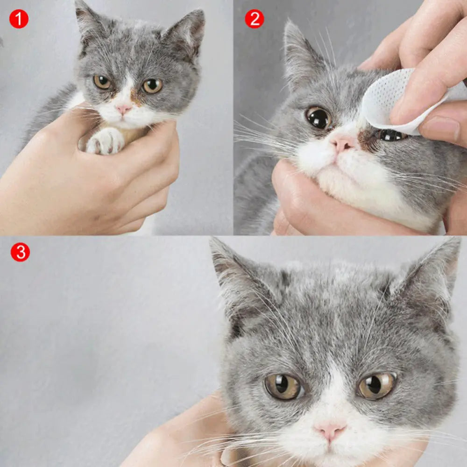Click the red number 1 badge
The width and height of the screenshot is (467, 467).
(x=19, y=19)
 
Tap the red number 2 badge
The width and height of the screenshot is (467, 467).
(x=255, y=19)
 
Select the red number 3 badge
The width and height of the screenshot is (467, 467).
(x=20, y=252)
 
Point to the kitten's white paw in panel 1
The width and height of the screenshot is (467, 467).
(x=106, y=141)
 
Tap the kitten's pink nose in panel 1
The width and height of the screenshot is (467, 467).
(x=123, y=109)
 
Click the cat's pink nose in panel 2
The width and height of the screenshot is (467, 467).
(x=343, y=144)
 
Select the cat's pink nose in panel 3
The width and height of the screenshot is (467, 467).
(x=330, y=431)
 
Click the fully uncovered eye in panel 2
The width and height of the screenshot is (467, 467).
(x=318, y=118)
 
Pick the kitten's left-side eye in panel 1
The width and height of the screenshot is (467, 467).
(x=102, y=82)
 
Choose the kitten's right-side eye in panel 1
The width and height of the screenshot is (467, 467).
(x=152, y=85)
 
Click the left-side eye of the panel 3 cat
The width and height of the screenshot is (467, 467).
(x=283, y=386)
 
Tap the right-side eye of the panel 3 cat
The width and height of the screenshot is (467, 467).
(x=377, y=385)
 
